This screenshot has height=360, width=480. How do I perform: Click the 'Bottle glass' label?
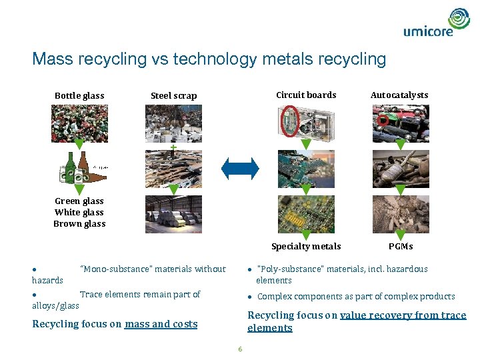click(79, 95)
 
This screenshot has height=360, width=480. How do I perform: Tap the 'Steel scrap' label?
click(173, 95)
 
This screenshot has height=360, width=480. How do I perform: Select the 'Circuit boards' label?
click(306, 95)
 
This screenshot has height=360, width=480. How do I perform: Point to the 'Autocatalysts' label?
click(399, 95)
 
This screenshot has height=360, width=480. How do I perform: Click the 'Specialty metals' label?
click(306, 246)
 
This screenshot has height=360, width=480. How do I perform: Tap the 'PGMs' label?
click(401, 246)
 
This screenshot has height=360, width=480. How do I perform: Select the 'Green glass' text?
click(79, 201)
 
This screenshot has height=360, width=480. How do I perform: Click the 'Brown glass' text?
click(79, 223)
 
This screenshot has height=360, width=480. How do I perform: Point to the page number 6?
click(240, 349)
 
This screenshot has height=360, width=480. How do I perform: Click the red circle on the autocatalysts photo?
click(383, 120)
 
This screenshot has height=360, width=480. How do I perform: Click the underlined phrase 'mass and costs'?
click(161, 324)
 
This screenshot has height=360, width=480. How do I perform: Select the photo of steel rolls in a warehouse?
click(173, 213)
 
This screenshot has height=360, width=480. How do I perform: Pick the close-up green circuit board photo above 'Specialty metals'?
click(306, 213)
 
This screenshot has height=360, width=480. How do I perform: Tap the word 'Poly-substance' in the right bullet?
click(285, 269)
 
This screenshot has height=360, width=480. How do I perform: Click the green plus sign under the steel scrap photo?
click(173, 147)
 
